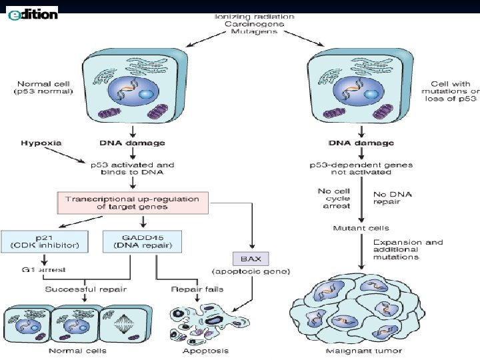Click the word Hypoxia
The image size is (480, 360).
(x=41, y=143)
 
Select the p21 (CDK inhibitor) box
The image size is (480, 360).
(x=44, y=241)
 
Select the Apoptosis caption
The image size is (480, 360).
(x=206, y=350)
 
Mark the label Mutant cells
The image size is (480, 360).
(x=361, y=229)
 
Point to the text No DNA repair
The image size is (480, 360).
(x=392, y=198)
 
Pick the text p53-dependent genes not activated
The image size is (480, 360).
(x=361, y=169)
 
